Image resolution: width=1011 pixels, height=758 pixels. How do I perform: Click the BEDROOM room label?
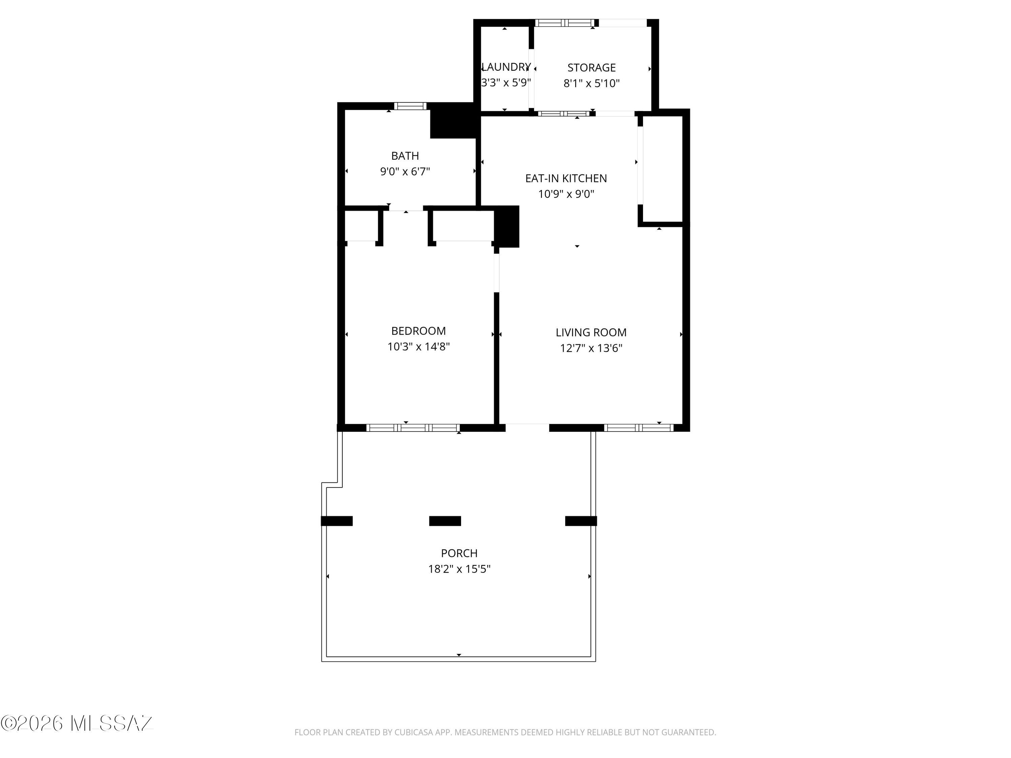pos(418,331)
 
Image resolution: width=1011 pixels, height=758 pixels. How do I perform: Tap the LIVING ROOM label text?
pos(591,333)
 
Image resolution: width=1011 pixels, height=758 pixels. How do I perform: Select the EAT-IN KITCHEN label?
pos(566,178)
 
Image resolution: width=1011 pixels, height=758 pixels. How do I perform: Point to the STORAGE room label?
pos(591,68)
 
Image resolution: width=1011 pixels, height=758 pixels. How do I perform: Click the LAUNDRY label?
pos(506,67)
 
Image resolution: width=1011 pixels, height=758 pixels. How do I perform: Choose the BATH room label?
pos(405,156)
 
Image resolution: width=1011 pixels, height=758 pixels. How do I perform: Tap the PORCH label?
pos(459,553)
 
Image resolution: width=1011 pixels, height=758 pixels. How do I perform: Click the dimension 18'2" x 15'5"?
pos(459,569)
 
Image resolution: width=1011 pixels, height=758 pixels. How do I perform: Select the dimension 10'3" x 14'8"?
pos(418,346)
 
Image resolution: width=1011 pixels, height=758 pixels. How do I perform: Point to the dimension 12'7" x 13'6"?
pos(591,348)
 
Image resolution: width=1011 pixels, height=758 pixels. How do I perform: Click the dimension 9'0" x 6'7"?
pos(405,171)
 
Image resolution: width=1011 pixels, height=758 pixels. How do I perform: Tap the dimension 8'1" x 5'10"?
pos(591,83)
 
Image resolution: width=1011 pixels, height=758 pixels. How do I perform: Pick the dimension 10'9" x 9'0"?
pos(566,194)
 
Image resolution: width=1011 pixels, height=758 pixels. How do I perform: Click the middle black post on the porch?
pos(445,521)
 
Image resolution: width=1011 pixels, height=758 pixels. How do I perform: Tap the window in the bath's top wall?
pos(410,106)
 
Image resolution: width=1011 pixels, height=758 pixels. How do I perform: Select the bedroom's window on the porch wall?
pos(413,428)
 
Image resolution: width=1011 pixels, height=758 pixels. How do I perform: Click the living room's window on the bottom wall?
pos(639,428)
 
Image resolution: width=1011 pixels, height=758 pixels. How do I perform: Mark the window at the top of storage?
pos(564,22)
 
